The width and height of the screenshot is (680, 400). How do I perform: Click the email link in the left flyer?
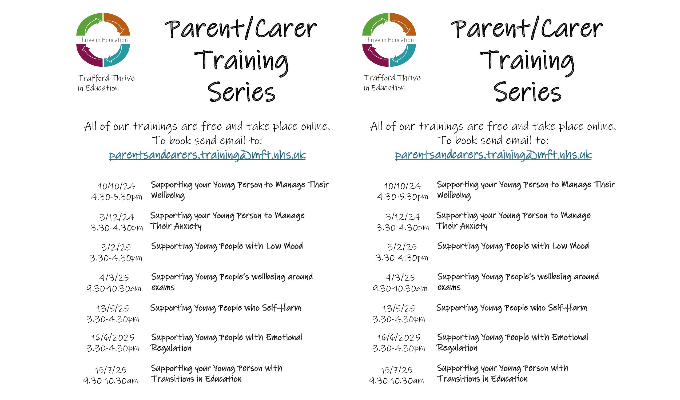click(207, 155)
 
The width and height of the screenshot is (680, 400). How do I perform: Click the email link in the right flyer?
click(493, 155)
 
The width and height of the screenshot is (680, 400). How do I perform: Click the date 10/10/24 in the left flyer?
click(117, 186)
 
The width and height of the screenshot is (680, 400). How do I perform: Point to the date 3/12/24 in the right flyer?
click(403, 217)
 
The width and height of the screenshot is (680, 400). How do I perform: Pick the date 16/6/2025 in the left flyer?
click(113, 338)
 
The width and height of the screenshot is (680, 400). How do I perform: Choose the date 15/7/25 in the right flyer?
click(397, 370)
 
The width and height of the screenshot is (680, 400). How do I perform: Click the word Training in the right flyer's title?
click(527, 63)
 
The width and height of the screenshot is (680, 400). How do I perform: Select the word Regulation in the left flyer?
click(171, 348)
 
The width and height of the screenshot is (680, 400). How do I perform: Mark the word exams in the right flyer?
click(449, 287)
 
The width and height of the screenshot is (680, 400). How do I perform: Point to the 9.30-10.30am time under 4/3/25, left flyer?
click(114, 289)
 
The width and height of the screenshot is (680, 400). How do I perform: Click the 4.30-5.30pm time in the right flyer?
click(402, 197)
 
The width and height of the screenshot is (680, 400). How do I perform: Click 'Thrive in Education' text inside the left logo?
click(103, 40)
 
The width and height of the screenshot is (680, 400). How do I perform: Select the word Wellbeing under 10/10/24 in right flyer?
click(454, 195)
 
